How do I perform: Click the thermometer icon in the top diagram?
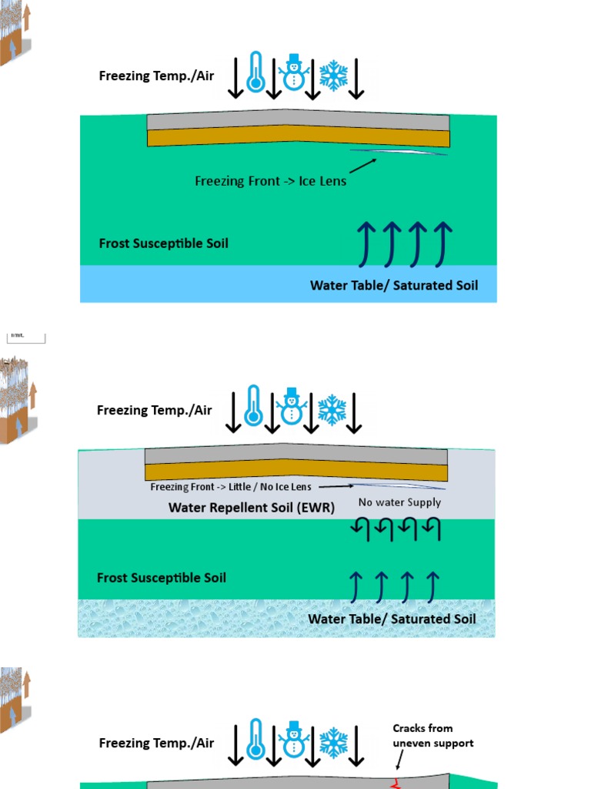pos(255,72)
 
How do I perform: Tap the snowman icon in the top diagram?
pos(292,72)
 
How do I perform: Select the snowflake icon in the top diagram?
pos(333,75)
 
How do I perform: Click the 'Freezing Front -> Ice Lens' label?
pos(270,181)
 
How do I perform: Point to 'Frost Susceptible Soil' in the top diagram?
pos(163,243)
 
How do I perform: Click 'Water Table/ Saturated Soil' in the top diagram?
pos(393,286)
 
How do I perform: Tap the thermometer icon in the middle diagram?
pos(253,406)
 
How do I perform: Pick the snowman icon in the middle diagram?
pos(291,407)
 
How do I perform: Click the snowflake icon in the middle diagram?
pos(332,410)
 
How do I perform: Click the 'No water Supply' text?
pos(399,502)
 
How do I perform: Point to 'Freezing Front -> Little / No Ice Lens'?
pos(232,487)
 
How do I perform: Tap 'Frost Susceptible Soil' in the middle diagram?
pos(162,578)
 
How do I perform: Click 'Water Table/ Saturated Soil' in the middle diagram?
pos(392,619)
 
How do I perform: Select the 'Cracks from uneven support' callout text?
pos(432,736)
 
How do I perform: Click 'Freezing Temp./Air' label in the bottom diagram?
pos(156,744)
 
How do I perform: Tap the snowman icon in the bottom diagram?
pos(292,740)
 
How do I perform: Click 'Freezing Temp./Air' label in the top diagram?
pos(156,76)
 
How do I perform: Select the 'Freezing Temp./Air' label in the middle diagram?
pos(154,410)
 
